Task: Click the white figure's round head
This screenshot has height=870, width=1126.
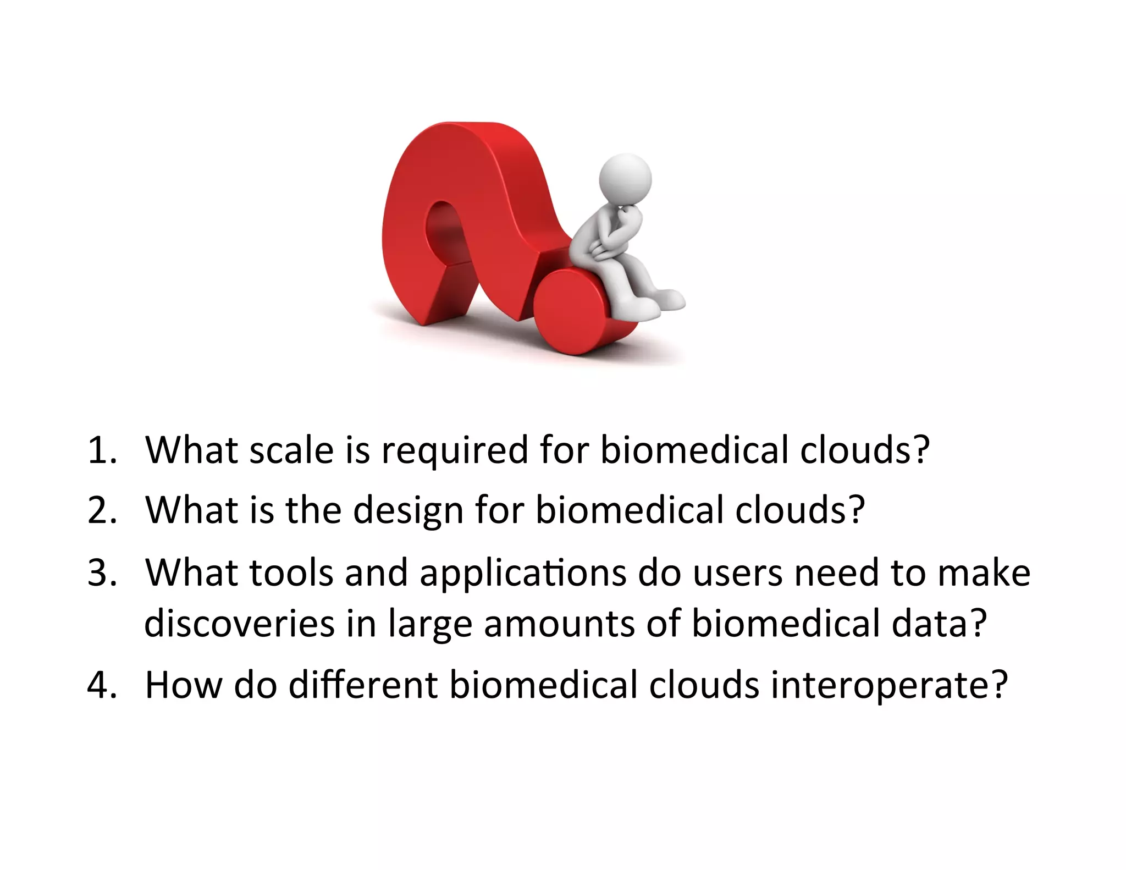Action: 625,180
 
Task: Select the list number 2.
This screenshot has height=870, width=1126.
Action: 102,510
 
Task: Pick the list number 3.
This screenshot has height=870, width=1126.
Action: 102,572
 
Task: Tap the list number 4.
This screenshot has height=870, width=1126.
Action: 102,685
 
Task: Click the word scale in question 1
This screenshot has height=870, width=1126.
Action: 291,450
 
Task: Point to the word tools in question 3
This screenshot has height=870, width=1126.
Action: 291,572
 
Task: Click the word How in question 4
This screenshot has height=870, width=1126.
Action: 183,685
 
